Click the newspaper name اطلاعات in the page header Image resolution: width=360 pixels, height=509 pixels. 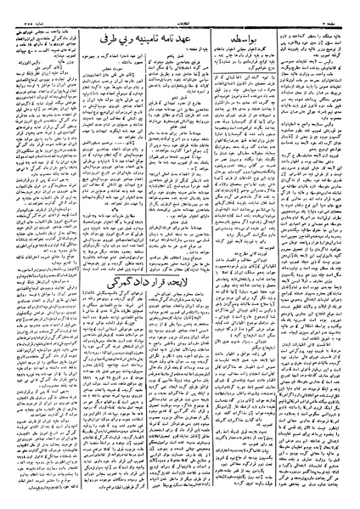(x=180, y=5)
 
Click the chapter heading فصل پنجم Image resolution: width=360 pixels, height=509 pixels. (x=217, y=48)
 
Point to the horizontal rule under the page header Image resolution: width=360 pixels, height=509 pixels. (x=180, y=11)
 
